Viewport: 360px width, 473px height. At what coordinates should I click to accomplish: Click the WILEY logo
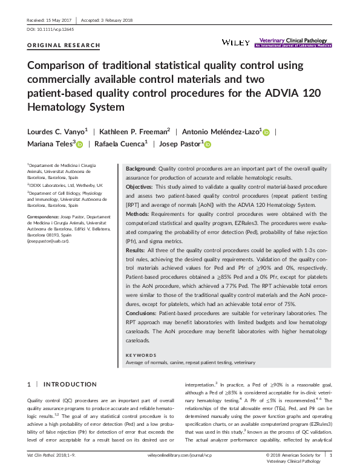(235, 42)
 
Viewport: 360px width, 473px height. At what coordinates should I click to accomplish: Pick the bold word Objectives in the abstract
(139, 188)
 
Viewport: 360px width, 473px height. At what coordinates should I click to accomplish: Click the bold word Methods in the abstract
(137, 214)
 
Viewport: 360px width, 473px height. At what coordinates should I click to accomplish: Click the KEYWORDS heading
(141, 355)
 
